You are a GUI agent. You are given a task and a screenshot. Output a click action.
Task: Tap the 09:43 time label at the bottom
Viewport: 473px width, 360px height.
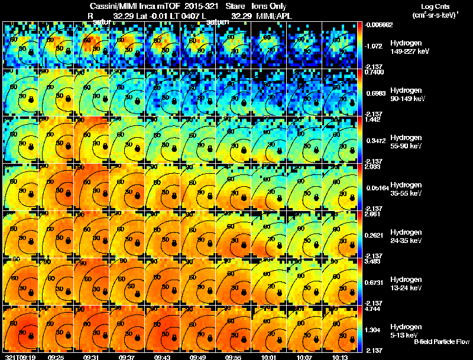162,356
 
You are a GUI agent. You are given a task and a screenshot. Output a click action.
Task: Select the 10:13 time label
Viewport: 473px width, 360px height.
339,356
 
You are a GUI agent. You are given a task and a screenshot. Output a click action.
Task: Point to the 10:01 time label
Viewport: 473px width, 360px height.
268,356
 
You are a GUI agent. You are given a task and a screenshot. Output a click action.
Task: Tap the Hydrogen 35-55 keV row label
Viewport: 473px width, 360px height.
407,189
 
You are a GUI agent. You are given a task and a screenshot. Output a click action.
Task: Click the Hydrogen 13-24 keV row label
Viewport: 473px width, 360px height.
407,283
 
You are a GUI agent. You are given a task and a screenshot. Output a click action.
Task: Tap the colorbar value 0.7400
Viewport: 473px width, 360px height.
374,72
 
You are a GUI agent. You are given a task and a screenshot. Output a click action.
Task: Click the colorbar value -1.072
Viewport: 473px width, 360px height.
374,45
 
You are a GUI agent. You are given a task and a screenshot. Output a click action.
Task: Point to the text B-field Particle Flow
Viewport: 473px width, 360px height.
441,342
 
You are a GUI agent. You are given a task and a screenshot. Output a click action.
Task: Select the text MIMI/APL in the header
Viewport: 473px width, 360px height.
274,16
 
